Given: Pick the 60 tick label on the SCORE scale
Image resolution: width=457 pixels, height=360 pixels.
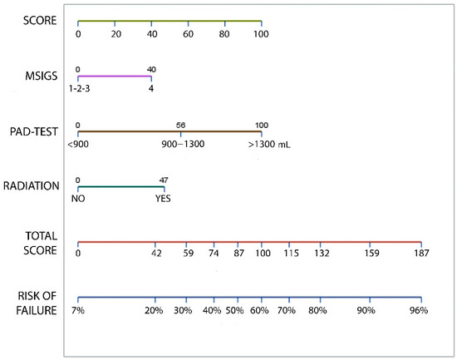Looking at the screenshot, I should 188,34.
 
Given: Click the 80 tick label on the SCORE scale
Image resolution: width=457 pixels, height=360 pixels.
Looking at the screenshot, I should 224,34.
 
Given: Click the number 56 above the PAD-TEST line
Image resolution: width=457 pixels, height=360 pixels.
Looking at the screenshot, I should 181,126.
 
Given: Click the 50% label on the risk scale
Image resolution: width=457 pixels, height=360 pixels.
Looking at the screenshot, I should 235,310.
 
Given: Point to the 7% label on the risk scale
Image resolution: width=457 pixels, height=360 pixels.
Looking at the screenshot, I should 79,310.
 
